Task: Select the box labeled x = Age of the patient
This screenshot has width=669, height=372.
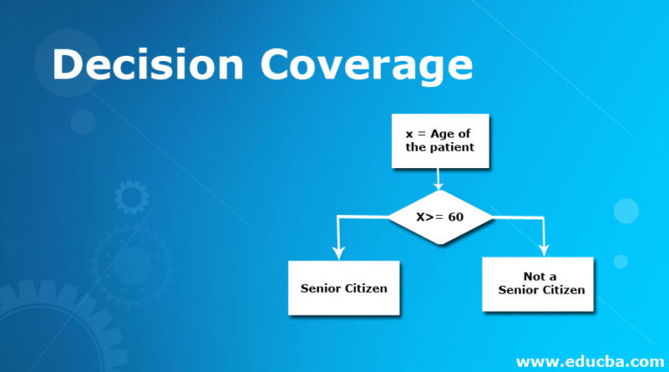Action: [x=440, y=141]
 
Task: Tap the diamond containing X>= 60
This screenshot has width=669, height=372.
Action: [x=439, y=217]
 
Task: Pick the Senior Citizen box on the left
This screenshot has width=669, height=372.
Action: [x=343, y=287]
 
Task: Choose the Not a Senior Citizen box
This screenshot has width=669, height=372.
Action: [x=538, y=284]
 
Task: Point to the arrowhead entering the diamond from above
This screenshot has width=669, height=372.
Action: [x=439, y=185]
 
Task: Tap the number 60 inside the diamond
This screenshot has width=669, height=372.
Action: [x=456, y=217]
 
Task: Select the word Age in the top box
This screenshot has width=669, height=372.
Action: [x=443, y=134]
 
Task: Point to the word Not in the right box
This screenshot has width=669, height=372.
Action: [x=533, y=276]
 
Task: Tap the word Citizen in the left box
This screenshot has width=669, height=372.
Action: [x=366, y=287]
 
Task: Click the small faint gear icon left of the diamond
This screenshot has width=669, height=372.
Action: [x=132, y=198]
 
